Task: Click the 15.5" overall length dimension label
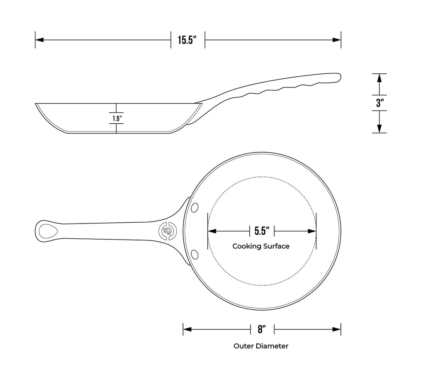click(x=188, y=40)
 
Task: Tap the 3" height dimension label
click(x=380, y=103)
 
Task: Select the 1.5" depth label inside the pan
click(x=117, y=118)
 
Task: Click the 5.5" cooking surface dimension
click(x=262, y=231)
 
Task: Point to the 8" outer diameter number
click(x=262, y=329)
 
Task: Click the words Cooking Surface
click(x=261, y=246)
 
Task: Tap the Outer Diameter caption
click(x=261, y=346)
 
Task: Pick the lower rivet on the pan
click(x=195, y=253)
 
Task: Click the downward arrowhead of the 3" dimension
click(x=380, y=129)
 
